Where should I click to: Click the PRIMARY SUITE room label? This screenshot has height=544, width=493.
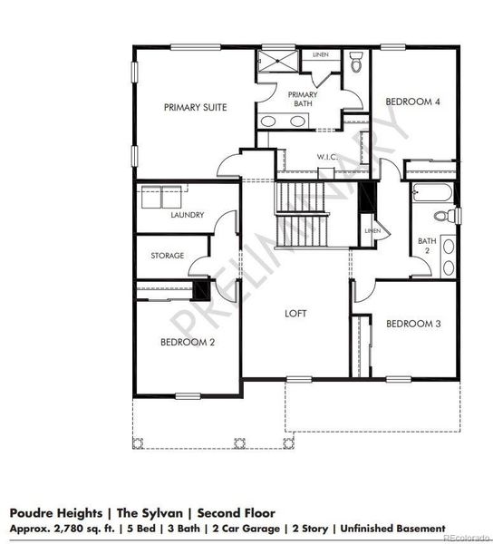195,107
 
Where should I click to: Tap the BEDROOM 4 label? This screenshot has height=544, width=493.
412,102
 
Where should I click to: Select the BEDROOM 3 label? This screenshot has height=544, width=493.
412,324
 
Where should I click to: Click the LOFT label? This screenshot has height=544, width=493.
295,313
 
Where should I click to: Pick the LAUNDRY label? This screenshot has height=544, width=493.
188,215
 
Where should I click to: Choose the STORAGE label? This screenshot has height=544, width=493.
168,256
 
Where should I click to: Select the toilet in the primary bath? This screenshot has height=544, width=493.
356,63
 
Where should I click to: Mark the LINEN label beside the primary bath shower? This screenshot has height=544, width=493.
321,55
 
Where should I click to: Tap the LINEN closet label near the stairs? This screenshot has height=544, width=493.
372,231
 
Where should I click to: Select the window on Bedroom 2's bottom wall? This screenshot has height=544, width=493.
188,394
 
